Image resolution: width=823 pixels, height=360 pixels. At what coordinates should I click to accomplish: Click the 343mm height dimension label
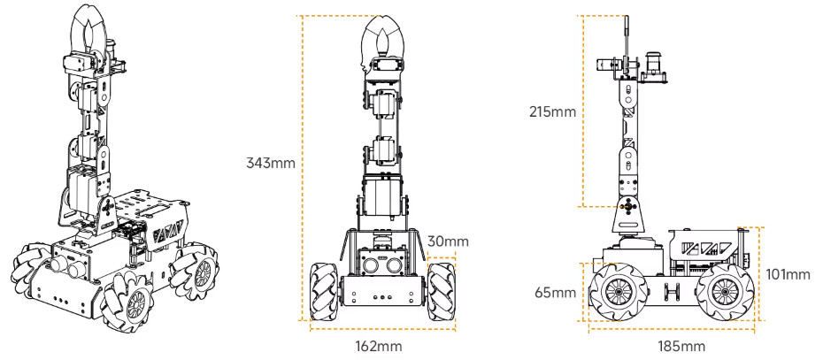271,164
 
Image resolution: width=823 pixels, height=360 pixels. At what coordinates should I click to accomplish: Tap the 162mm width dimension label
379,346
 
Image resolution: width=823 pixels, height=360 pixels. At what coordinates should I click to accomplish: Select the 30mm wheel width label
448,241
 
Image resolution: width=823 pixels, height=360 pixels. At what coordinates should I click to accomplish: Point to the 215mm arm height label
552,111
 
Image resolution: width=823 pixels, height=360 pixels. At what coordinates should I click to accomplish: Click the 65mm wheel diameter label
556,292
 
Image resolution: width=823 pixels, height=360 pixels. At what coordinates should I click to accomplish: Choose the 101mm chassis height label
788,274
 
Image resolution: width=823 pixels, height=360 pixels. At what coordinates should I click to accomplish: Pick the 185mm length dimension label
681,346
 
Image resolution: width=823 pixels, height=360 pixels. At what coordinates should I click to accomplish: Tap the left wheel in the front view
324,291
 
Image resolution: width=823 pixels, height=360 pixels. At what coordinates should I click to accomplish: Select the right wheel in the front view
442,291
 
